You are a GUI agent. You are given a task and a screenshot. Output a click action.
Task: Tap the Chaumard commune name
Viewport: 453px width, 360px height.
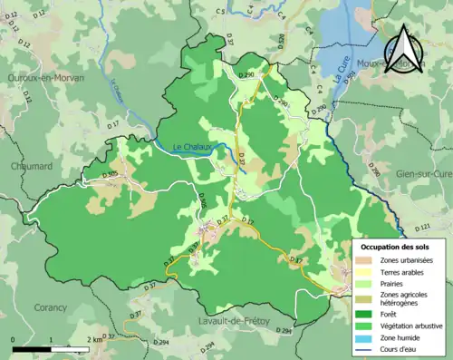32,166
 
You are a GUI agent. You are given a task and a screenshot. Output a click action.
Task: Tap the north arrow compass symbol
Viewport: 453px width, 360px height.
404,51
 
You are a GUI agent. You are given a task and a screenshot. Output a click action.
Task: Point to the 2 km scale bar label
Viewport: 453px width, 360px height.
93,339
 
